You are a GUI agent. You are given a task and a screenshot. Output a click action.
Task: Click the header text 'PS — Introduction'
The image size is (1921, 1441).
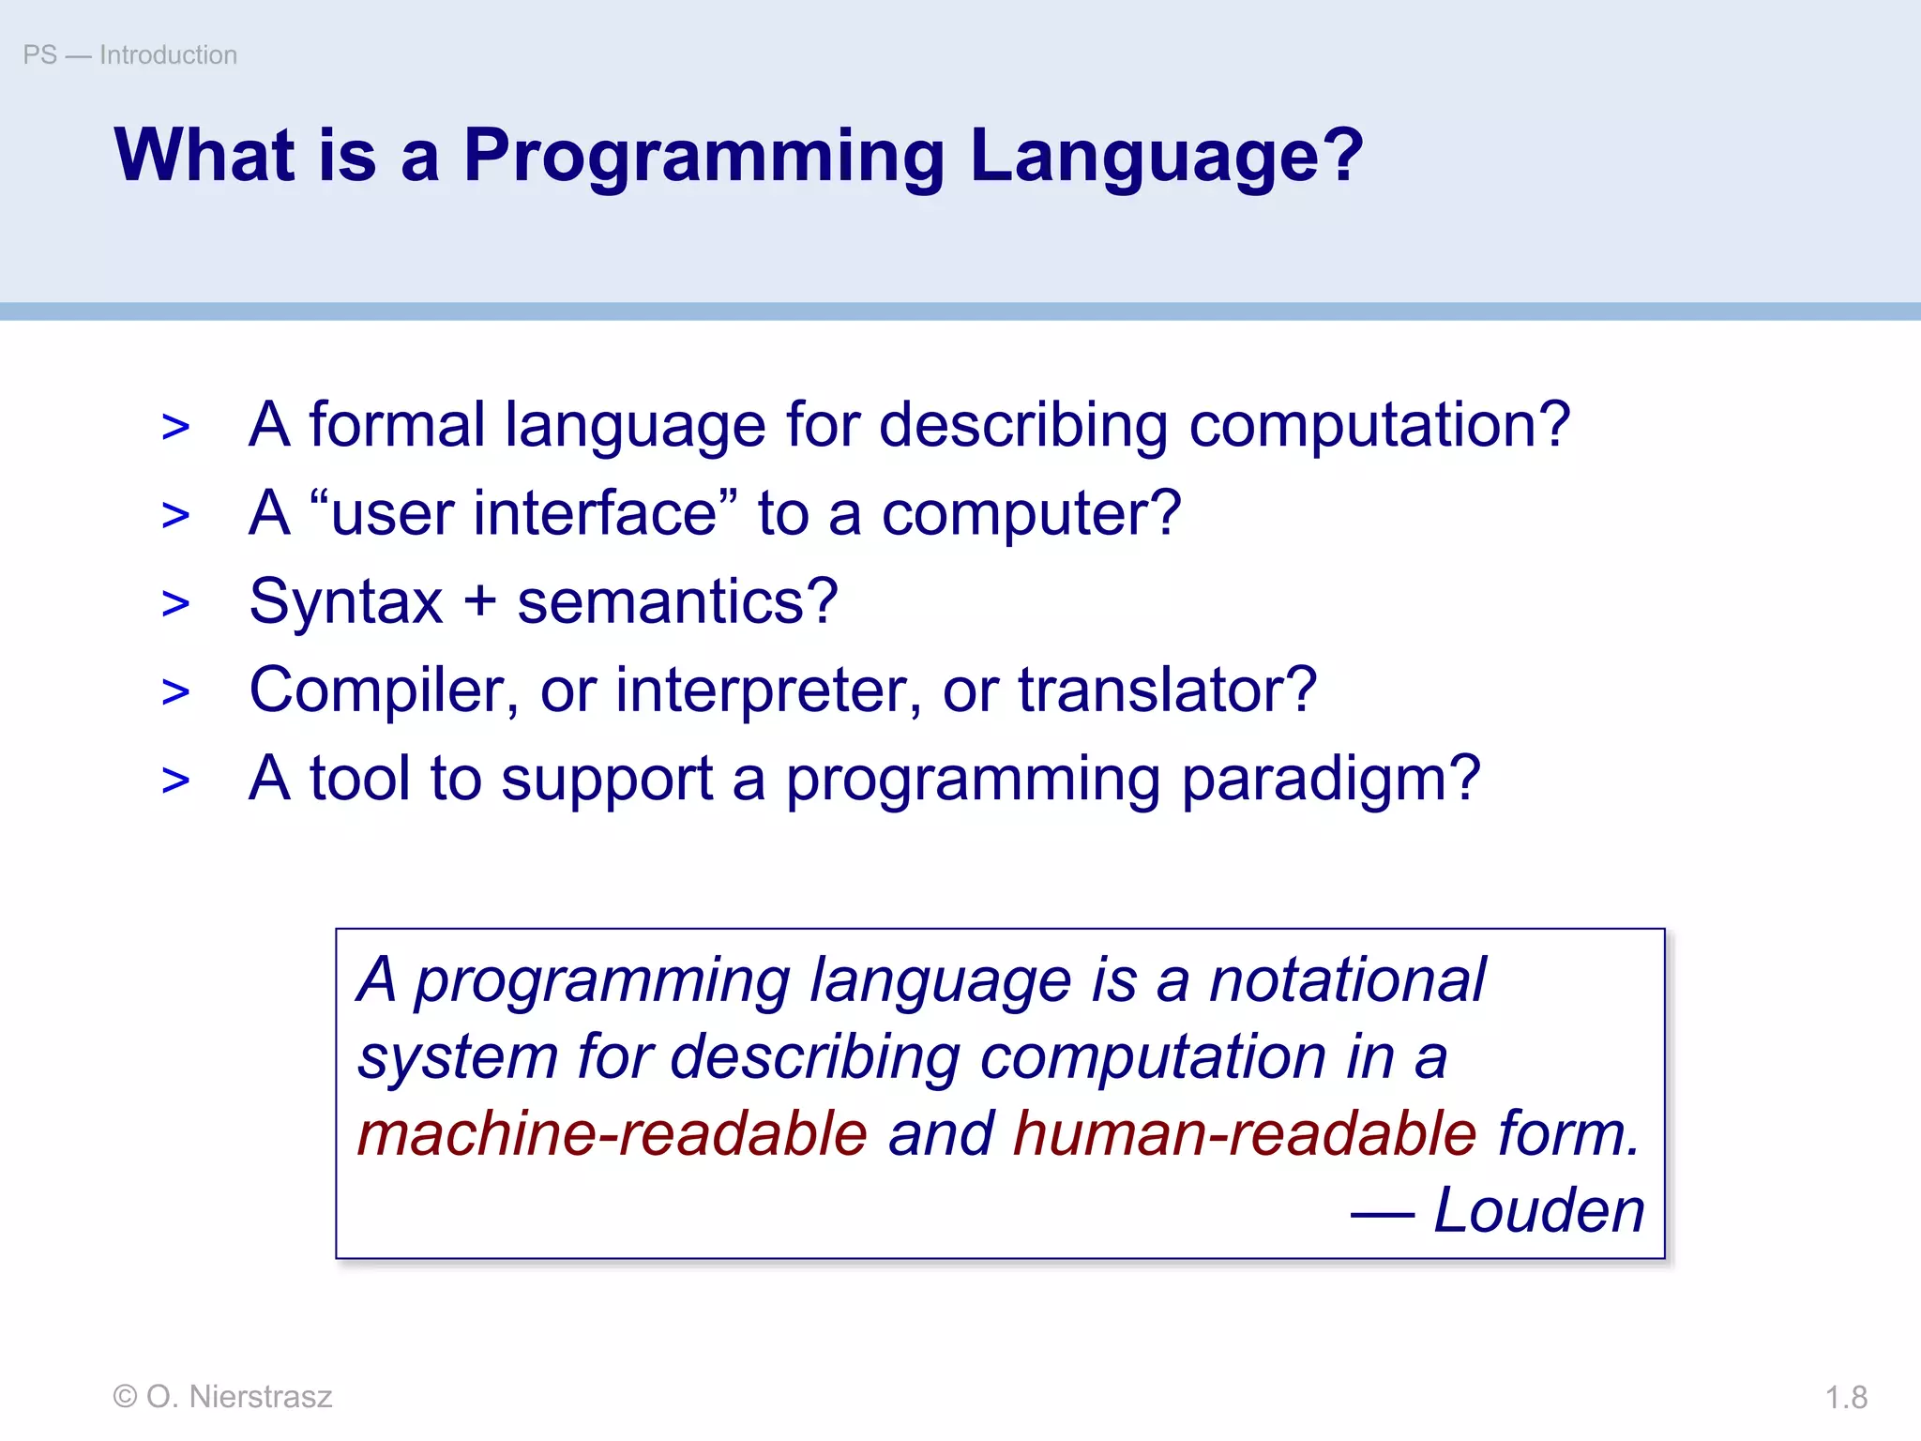129,55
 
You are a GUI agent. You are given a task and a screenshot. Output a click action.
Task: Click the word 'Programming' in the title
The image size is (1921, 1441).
703,157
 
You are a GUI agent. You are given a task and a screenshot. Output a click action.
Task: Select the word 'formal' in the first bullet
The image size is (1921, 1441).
396,425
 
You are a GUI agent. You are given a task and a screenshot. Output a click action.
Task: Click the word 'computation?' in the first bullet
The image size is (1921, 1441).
1379,425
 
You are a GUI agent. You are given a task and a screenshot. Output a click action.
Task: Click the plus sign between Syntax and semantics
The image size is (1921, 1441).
479,600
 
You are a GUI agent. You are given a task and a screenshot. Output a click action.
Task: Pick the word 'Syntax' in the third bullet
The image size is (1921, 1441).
345,602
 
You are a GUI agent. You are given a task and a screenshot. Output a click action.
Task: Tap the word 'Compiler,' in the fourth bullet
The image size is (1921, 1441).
384,691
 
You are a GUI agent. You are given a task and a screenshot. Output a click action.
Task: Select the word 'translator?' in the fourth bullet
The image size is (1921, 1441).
1167,690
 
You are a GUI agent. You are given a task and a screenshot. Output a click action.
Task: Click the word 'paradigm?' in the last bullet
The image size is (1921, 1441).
1330,780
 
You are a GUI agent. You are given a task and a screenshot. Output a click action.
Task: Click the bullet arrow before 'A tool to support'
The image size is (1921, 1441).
175,781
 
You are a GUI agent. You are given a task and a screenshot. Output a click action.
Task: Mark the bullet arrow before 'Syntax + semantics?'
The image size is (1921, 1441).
175,603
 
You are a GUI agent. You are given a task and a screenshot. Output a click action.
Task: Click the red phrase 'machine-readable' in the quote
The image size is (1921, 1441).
613,1133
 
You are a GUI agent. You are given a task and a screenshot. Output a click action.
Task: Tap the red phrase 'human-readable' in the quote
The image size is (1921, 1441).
1245,1133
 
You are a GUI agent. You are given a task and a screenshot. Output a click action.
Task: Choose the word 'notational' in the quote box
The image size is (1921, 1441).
1347,980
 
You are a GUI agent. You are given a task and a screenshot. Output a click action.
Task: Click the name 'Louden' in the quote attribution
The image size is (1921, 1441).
1539,1210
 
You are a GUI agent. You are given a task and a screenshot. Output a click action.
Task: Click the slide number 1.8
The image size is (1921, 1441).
1846,1398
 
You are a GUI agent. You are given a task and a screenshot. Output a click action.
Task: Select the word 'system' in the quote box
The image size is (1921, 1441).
458,1058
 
